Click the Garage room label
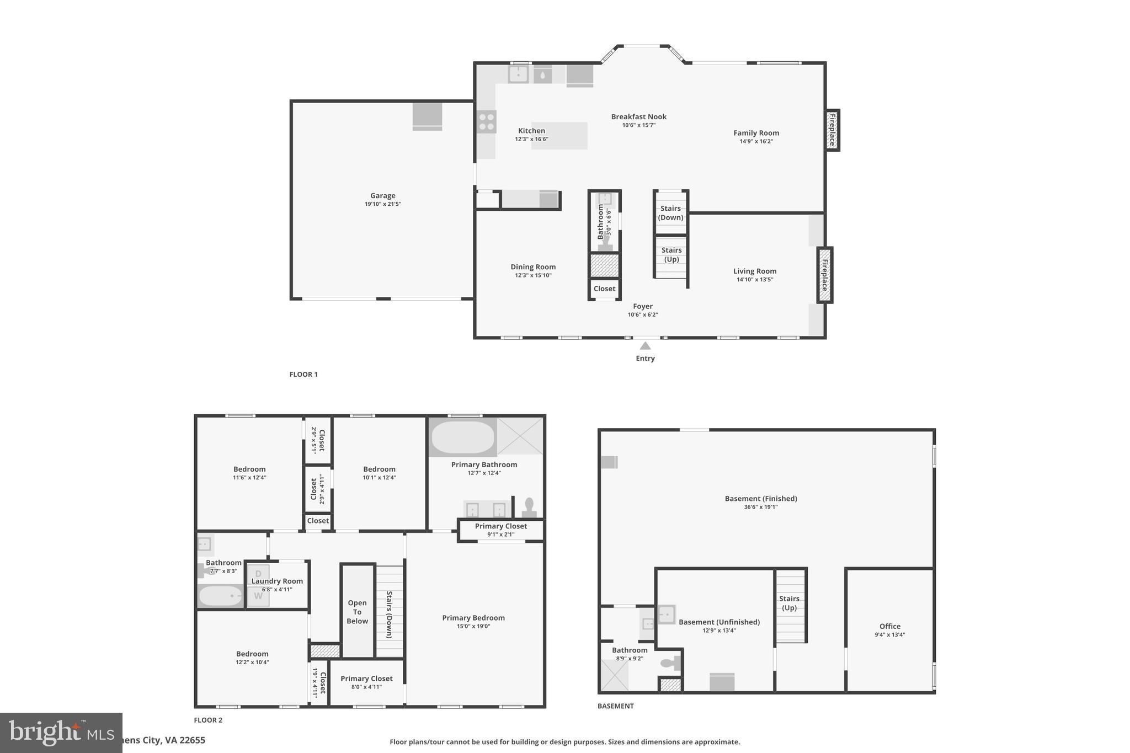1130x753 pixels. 382,195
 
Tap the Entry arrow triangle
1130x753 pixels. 645,346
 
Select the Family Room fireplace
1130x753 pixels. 832,130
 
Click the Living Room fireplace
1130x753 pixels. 824,275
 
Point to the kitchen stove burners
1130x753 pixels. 487,122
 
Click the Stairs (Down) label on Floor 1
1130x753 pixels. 671,212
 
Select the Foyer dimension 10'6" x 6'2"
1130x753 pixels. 642,315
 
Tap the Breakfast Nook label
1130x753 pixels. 638,116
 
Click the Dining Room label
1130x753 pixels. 532,267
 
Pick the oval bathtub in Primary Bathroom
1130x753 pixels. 462,437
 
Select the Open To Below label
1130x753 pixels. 357,612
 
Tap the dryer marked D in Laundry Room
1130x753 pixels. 258,574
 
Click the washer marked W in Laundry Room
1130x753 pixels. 258,596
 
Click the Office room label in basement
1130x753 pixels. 889,626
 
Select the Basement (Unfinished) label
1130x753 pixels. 719,622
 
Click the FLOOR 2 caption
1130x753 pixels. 208,720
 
